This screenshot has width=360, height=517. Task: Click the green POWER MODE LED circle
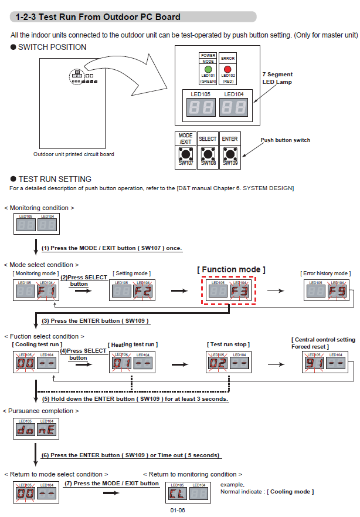[x=208, y=69]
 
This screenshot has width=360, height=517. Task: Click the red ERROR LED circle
[x=227, y=69]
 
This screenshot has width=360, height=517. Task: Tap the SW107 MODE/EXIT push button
[x=186, y=155]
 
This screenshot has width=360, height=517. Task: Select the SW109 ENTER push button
[x=230, y=155]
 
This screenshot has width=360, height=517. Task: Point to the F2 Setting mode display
[x=142, y=291]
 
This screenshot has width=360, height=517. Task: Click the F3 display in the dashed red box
[x=240, y=291]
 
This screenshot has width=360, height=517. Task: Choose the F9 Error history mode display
[x=337, y=291]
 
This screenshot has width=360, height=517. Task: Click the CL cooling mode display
[x=176, y=494]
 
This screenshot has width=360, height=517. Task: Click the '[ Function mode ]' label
[x=231, y=269]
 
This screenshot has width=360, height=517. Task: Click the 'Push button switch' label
[x=285, y=140]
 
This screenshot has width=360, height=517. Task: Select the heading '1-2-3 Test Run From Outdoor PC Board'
[x=98, y=17]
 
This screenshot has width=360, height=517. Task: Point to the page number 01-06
[x=178, y=511]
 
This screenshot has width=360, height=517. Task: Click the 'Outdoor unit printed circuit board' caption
[x=74, y=154]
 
